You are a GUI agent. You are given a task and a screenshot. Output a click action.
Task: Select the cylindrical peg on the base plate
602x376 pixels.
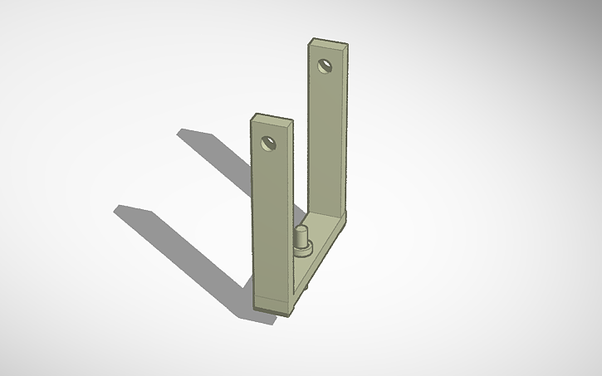click(302, 237)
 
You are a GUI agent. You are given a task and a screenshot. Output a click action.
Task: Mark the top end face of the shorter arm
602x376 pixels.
click(272, 118)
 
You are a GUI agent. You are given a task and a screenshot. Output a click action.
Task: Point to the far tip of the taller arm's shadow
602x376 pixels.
click(184, 132)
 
